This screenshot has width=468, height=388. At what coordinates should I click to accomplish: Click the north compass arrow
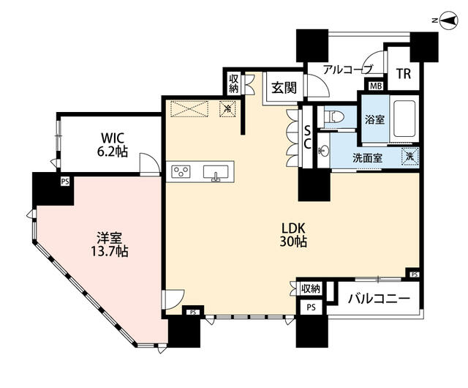click(448, 20)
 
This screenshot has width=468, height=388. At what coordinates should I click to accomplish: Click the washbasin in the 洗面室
click(323, 151)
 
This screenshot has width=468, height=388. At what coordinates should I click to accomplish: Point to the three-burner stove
click(181, 172)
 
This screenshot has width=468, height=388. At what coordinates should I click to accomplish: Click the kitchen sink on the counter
click(216, 173)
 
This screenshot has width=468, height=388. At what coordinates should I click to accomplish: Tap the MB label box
click(376, 86)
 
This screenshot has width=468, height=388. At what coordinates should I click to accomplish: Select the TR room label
click(404, 73)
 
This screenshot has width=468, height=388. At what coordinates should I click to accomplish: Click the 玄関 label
click(284, 88)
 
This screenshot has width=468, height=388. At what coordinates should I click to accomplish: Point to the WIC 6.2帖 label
click(112, 145)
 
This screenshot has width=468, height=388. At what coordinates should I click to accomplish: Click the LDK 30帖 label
click(293, 235)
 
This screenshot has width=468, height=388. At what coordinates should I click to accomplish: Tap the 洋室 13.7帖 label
click(109, 245)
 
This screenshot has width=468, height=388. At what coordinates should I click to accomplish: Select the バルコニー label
click(379, 299)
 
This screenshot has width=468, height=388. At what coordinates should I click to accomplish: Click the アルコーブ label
click(348, 70)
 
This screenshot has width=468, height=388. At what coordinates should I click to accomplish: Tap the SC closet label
click(307, 137)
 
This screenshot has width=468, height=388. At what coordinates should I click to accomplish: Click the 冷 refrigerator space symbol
click(227, 109)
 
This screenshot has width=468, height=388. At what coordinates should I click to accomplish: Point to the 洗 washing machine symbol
click(411, 156)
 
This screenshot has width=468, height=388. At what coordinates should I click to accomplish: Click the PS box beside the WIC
click(65, 181)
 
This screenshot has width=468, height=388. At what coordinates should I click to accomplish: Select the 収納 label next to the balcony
click(311, 288)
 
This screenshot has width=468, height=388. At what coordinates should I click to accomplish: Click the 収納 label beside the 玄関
click(234, 83)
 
